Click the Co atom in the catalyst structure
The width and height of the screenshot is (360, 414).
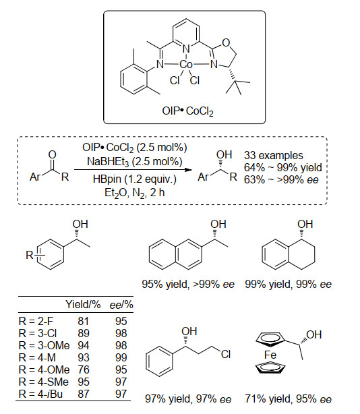(x=186, y=64)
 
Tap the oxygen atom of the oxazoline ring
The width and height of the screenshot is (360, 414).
(x=226, y=42)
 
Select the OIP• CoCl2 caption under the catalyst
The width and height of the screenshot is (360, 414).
(x=187, y=111)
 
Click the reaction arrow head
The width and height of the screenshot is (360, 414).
(x=188, y=169)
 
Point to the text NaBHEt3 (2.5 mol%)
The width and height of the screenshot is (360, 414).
(x=135, y=162)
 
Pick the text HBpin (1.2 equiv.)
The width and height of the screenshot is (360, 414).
(x=135, y=179)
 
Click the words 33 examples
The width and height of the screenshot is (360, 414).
(x=274, y=155)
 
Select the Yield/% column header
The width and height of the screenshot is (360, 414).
(x=83, y=304)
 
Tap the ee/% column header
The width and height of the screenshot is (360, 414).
(x=121, y=305)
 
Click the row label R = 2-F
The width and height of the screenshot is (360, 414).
(x=36, y=322)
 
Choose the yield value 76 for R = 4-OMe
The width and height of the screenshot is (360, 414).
(x=84, y=369)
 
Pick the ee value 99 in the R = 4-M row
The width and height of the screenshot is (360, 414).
(x=121, y=357)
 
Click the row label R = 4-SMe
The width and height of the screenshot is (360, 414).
(x=44, y=382)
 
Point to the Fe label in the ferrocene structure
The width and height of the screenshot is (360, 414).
(x=270, y=355)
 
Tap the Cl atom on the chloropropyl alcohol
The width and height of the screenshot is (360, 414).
(x=226, y=354)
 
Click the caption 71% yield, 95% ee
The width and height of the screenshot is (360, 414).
(x=289, y=399)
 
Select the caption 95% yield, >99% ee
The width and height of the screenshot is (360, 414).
(x=188, y=284)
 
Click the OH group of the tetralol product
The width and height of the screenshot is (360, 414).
(x=305, y=224)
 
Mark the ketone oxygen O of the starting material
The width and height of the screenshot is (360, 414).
(x=53, y=154)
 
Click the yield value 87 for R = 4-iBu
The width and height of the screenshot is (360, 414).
(x=84, y=394)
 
